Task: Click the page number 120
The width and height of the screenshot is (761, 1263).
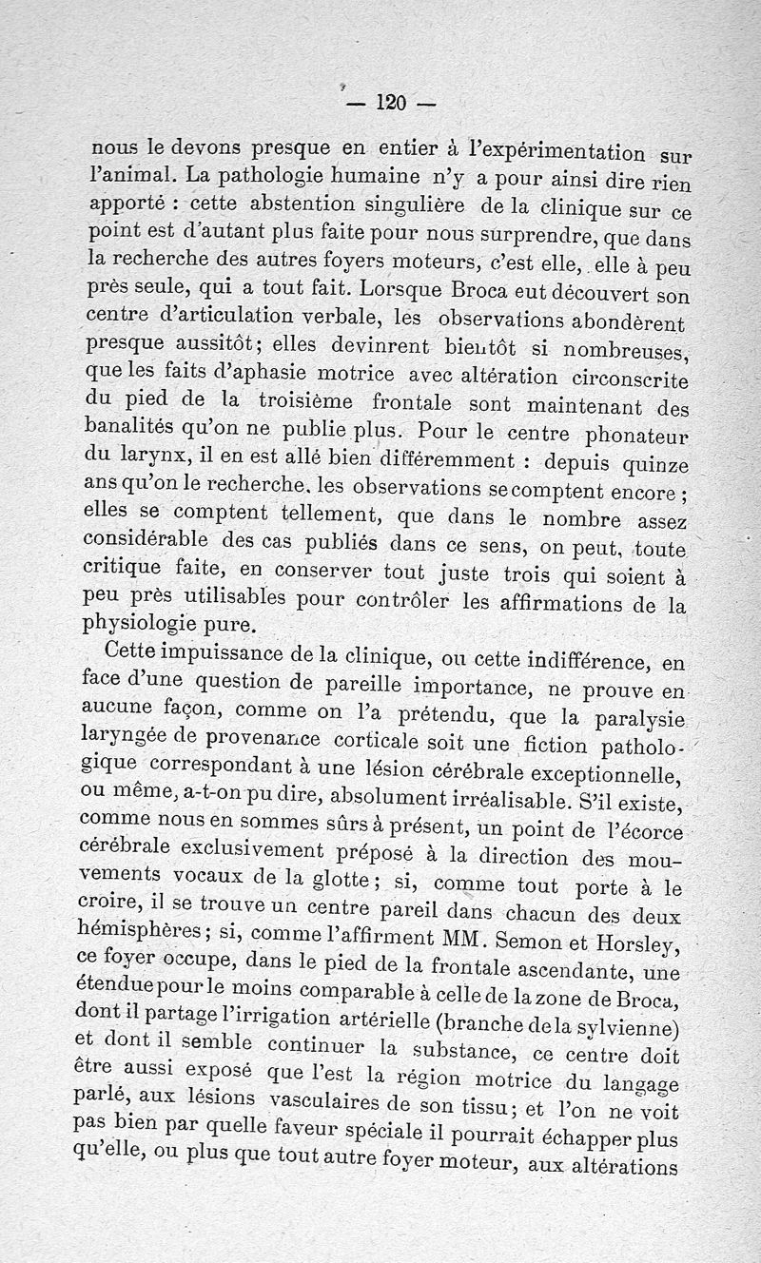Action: (391, 102)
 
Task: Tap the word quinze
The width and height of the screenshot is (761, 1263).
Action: (652, 465)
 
